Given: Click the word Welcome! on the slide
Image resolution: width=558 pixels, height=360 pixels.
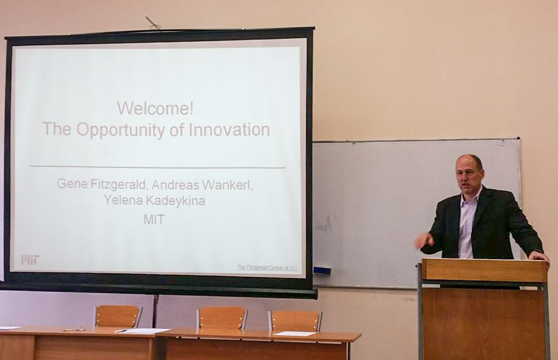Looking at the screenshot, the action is (x=155, y=108).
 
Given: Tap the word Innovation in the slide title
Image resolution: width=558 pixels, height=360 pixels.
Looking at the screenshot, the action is (x=229, y=129).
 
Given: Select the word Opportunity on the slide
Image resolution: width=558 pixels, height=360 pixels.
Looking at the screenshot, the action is (x=121, y=130).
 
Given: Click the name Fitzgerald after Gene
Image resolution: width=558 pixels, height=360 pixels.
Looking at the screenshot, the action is (x=118, y=184).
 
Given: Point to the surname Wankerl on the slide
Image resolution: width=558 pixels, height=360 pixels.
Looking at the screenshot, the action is (x=228, y=184).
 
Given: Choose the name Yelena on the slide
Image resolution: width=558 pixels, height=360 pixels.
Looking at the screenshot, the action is (x=123, y=200).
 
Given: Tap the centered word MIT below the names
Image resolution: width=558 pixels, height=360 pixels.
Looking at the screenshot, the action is (x=154, y=219).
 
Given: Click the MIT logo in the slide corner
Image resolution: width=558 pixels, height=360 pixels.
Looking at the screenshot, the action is (x=30, y=260).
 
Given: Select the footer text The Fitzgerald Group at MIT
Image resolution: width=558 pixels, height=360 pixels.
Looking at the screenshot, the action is (x=267, y=267).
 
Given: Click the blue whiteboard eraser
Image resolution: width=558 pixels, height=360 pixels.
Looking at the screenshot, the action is (x=322, y=271).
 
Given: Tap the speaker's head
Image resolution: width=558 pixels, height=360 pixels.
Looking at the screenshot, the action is (x=470, y=173).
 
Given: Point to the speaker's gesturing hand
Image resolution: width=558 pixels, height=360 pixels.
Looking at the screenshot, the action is (x=424, y=242).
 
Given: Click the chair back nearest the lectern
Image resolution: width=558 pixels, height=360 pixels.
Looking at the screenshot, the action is (x=296, y=320).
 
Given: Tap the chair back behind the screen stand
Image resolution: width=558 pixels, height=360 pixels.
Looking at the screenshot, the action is (x=118, y=316).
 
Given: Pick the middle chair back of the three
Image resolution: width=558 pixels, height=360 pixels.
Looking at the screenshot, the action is (x=222, y=318).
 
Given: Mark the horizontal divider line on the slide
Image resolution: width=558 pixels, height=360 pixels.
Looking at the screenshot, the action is (x=158, y=167).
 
